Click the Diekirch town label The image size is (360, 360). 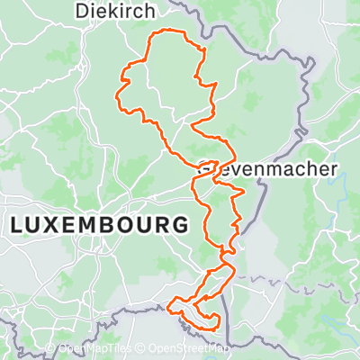click(x=116, y=12)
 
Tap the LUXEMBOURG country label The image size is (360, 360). click(x=101, y=223)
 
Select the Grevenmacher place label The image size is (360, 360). click(x=267, y=169)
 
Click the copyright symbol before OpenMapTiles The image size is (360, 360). click(x=50, y=349)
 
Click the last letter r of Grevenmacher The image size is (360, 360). click(x=333, y=169)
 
